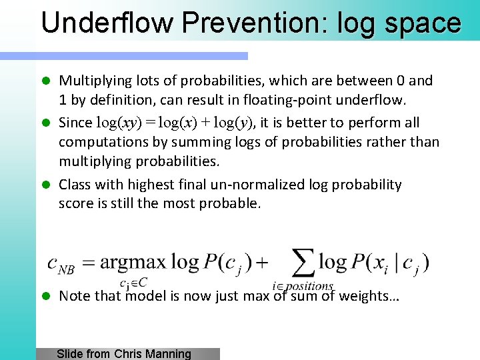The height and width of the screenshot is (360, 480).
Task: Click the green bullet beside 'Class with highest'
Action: [47, 185]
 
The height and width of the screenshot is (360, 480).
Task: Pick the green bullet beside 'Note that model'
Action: [47, 296]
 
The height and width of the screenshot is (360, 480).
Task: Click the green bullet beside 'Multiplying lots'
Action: [47, 81]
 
